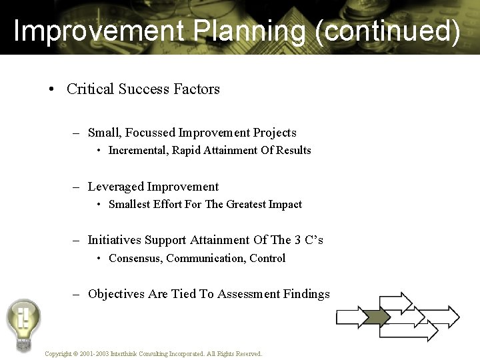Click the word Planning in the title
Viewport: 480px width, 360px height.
pyautogui.click(x=243, y=32)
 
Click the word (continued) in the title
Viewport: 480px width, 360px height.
pyautogui.click(x=388, y=32)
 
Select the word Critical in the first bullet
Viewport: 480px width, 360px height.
pyautogui.click(x=90, y=89)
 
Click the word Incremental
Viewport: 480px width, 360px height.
pyautogui.click(x=138, y=150)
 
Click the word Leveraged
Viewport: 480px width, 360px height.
pyautogui.click(x=116, y=187)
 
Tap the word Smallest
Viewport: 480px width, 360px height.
pyautogui.click(x=130, y=204)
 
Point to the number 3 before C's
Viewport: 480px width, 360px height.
pyautogui.click(x=297, y=240)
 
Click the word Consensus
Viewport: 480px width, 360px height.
pyautogui.click(x=136, y=258)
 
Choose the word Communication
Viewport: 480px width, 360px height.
pyautogui.click(x=206, y=258)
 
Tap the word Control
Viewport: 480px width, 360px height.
pyautogui.click(x=267, y=258)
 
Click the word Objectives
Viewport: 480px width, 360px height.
pyautogui.click(x=116, y=294)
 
